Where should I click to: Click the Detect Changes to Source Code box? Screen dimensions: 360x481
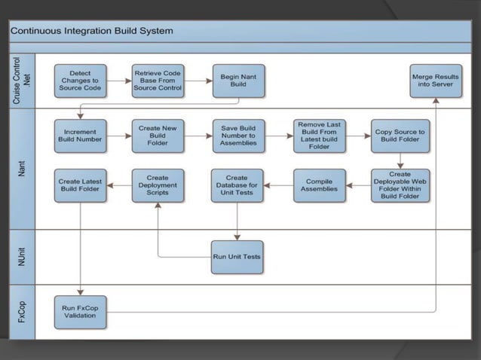click(x=79, y=81)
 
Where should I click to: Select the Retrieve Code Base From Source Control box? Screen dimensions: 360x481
click(x=158, y=81)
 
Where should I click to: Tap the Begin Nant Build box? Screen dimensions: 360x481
click(x=238, y=81)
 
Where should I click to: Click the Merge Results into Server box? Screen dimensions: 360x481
click(x=436, y=81)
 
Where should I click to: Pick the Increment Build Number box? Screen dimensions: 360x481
click(x=79, y=135)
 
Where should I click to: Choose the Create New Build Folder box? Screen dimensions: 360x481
click(x=158, y=135)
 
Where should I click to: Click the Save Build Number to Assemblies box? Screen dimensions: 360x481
click(x=238, y=135)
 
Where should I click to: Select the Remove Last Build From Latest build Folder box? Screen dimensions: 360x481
click(x=319, y=136)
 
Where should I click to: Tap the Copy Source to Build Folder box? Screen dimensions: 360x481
click(x=400, y=136)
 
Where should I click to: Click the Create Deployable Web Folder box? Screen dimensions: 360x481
click(x=400, y=185)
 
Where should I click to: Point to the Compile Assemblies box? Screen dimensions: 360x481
click(x=319, y=185)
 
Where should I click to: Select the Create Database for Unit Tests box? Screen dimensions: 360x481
click(x=237, y=185)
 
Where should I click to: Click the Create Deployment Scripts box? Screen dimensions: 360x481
click(x=158, y=185)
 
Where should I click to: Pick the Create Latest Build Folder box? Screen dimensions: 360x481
click(x=79, y=185)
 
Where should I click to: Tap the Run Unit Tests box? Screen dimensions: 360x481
click(x=237, y=257)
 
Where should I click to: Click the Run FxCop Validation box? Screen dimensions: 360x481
click(x=79, y=311)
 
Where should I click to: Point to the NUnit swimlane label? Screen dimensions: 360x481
click(x=23, y=256)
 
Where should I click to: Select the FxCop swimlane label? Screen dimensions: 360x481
click(x=23, y=311)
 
